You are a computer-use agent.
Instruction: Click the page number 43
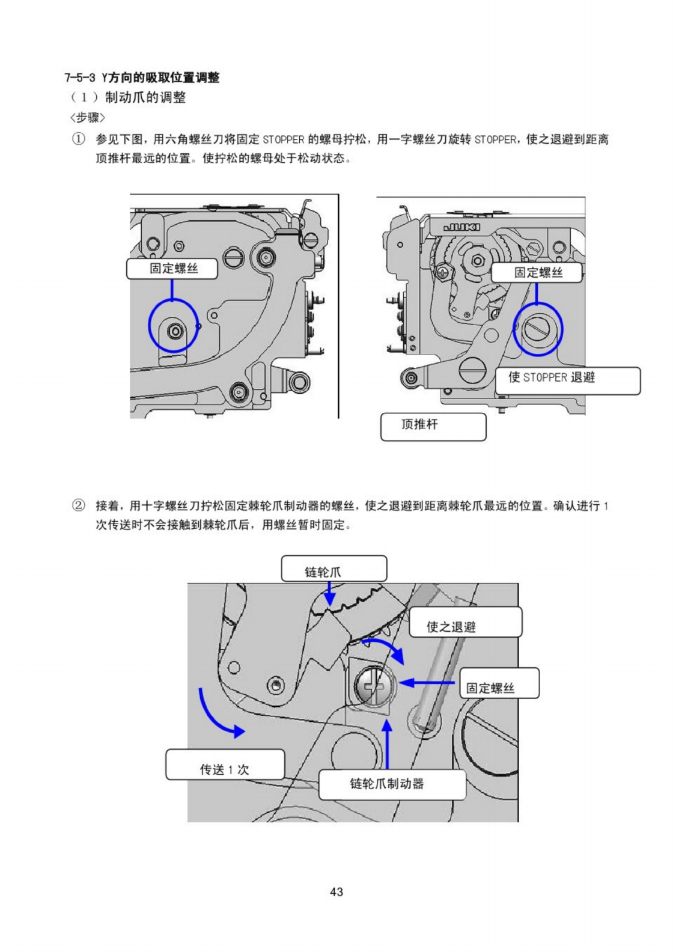tap(336, 892)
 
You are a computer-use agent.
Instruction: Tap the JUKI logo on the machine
tap(461, 227)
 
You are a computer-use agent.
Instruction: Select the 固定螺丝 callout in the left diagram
tap(172, 269)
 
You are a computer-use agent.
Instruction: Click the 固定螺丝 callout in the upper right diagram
tap(537, 273)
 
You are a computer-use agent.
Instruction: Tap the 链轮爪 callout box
tap(333, 569)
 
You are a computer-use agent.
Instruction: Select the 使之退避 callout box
tap(465, 623)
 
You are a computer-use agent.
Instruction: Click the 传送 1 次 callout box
tap(225, 764)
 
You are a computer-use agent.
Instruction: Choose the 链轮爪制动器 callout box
tap(392, 784)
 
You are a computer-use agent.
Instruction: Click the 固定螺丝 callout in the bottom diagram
tap(499, 683)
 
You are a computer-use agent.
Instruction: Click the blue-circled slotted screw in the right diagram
tap(537, 329)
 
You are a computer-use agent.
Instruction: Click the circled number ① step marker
tap(79, 139)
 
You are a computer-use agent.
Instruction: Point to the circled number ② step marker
tap(79, 505)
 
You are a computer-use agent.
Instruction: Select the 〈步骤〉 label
tap(88, 117)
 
